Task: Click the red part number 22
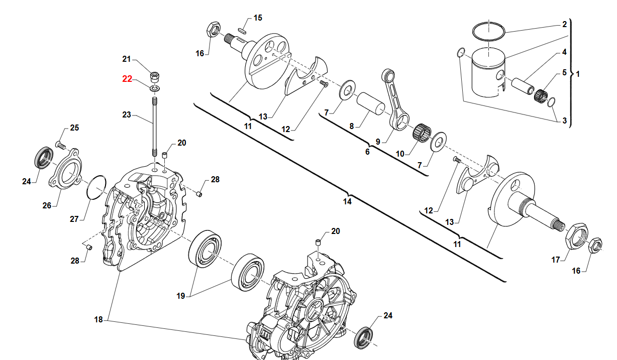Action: pos(127,79)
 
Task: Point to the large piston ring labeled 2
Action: pos(489,31)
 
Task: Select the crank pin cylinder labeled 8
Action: pos(370,103)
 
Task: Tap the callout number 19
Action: pos(181,296)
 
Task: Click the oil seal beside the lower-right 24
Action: pos(365,337)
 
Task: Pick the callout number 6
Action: pos(367,151)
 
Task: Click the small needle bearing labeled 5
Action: pos(542,94)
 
